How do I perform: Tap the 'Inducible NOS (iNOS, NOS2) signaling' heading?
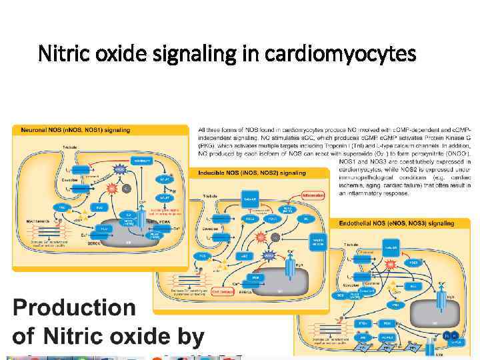click(251, 173)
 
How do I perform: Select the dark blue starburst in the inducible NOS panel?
click(269, 254)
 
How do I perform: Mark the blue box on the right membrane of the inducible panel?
click(317, 241)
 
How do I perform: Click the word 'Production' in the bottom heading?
click(73, 309)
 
